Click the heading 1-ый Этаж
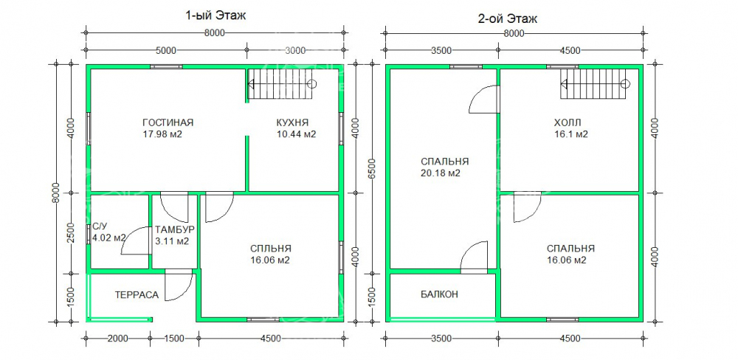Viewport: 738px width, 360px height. point(215,15)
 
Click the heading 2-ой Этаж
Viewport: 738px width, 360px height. point(508,19)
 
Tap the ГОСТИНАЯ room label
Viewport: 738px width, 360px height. point(168,122)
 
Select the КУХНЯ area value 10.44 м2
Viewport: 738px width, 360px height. point(296,134)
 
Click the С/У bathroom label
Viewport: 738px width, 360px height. point(97,226)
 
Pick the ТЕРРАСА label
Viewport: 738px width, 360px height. point(137,295)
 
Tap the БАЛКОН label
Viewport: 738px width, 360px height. point(439,294)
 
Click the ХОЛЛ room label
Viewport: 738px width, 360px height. point(568,122)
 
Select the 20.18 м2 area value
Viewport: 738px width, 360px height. point(440,173)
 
